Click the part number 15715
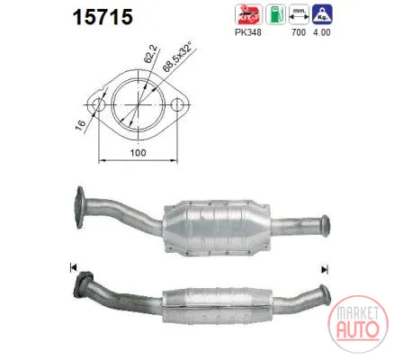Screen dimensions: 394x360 pos(103,17)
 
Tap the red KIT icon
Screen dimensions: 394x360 pos(248,14)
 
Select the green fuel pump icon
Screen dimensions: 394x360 pos(275,14)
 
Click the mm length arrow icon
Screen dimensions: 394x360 pos(299,14)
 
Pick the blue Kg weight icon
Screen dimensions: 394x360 pos(322,14)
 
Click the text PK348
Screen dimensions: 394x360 pos(248,32)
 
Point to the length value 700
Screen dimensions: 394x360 pos(299,32)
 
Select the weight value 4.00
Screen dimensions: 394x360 pos(322,32)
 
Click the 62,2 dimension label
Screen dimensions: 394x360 pos(150,55)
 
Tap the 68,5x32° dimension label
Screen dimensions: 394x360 pos(178,55)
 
